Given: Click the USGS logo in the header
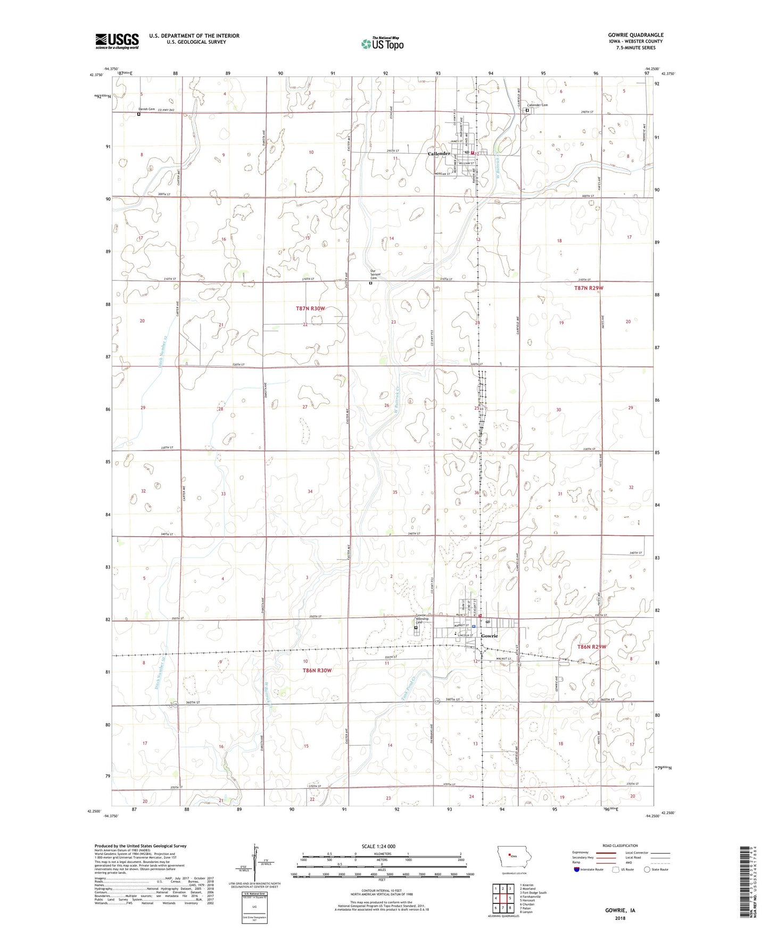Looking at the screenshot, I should coord(117,41).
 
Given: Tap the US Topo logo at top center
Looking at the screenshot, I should coord(382,44).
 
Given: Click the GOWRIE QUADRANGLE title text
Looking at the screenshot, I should coord(635,35).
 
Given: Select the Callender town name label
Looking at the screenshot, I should coord(439,154).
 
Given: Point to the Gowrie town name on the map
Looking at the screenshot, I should coord(489,636).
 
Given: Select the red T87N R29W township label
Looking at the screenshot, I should coord(589,288).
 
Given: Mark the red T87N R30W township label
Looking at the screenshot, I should coord(310,309).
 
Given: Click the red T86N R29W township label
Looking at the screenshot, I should coord(592,647).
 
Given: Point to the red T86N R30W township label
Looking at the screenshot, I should coord(317,670).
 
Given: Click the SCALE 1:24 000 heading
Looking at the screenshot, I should coord(378,847).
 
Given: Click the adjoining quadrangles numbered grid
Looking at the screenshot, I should coord(502,898).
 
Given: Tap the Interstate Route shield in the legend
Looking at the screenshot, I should coord(577,869).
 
